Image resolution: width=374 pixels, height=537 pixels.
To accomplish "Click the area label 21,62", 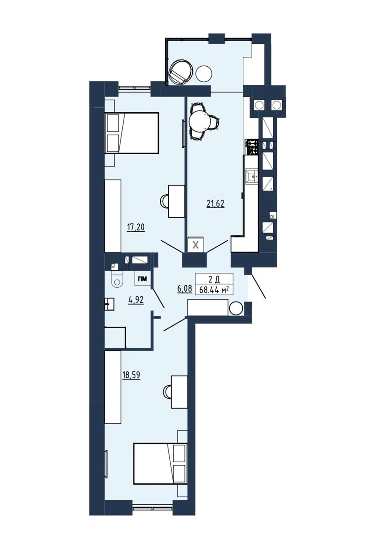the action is [x=215, y=204].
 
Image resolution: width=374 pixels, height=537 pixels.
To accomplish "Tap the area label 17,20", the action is [x=136, y=227].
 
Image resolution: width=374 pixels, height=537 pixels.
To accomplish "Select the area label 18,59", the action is [x=131, y=375].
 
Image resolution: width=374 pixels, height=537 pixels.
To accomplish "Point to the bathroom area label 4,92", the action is [x=136, y=300].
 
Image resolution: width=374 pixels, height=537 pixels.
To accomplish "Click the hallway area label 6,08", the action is [x=185, y=288].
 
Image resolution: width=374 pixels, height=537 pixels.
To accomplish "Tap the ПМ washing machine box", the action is [x=143, y=279].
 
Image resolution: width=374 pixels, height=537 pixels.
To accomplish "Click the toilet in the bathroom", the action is [x=117, y=280].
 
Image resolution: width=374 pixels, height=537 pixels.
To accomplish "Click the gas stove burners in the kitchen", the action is [x=251, y=147].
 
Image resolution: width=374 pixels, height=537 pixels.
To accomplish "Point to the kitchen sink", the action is [x=252, y=176].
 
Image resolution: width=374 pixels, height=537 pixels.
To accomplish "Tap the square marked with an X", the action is [x=196, y=245].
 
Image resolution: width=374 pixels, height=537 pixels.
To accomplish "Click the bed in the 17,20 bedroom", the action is [x=132, y=133].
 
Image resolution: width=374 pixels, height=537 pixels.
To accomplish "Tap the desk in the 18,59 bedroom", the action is [x=179, y=392].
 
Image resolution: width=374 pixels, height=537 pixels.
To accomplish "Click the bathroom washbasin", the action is [x=109, y=304].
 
